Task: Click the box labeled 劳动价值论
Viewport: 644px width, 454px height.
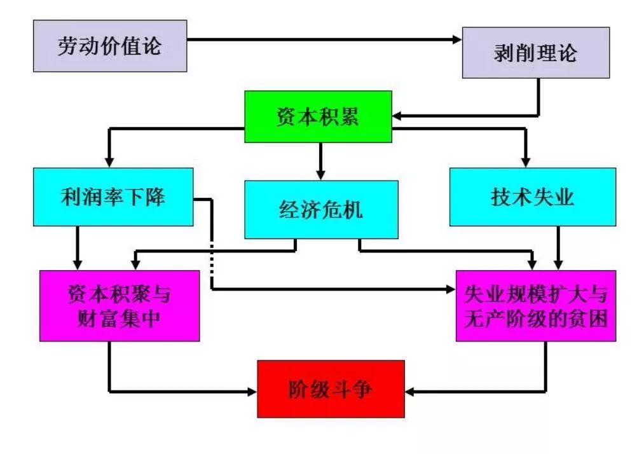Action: (110, 46)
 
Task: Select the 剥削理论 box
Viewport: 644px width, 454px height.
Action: (535, 53)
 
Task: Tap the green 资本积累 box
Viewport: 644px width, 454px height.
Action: (318, 117)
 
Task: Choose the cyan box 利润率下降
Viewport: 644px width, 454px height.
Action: (113, 196)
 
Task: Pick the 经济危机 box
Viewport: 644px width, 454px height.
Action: (321, 209)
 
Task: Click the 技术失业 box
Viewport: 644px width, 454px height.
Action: (532, 196)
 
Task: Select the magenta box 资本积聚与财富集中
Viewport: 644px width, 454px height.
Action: (120, 306)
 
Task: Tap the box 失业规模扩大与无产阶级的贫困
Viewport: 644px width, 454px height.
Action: (535, 306)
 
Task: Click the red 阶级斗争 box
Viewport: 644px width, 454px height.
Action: (331, 389)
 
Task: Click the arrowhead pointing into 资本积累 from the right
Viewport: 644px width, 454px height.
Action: (397, 116)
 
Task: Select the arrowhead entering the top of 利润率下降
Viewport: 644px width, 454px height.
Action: (110, 163)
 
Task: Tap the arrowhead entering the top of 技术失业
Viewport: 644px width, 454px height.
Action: (525, 163)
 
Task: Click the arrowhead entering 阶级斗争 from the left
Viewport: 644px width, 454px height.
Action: (252, 391)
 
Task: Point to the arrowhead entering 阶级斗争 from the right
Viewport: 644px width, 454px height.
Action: (409, 391)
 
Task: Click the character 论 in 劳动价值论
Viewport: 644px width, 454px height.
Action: (151, 46)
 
